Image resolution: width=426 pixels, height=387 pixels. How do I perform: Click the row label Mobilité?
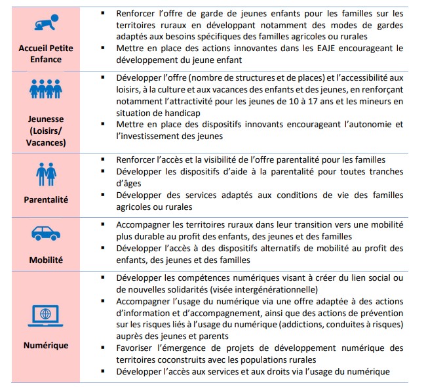(x=46, y=260)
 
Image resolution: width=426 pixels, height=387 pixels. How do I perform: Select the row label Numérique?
(x=46, y=345)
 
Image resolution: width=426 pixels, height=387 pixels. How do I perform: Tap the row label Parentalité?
(x=46, y=199)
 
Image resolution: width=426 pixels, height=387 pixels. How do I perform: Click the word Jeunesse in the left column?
(x=46, y=119)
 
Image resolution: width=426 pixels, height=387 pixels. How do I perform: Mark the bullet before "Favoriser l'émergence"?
(x=104, y=349)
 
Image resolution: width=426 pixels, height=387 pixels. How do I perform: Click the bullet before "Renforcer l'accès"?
(x=104, y=159)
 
